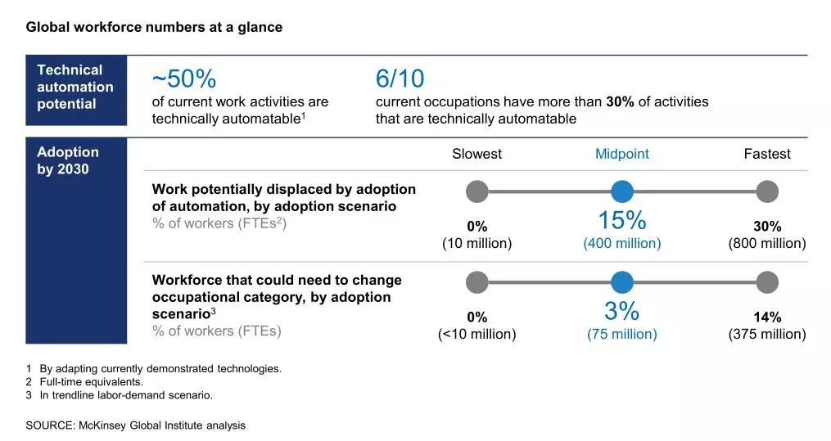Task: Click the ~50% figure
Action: click(184, 79)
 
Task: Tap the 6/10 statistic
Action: click(400, 79)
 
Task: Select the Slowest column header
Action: click(476, 154)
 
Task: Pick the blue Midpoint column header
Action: click(621, 154)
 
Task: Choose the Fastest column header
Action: click(767, 154)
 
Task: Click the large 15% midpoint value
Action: click(621, 221)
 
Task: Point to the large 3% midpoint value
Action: click(621, 312)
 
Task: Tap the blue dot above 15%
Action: click(622, 191)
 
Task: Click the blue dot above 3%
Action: click(622, 282)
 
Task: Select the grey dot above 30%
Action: click(767, 191)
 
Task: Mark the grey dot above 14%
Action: click(767, 282)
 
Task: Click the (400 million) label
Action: click(621, 244)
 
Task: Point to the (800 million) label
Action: click(767, 244)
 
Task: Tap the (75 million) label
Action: click(621, 334)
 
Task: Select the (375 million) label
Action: click(767, 334)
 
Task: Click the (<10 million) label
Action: click(476, 334)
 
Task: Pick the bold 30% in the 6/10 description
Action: click(620, 102)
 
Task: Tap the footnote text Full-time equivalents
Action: click(91, 382)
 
